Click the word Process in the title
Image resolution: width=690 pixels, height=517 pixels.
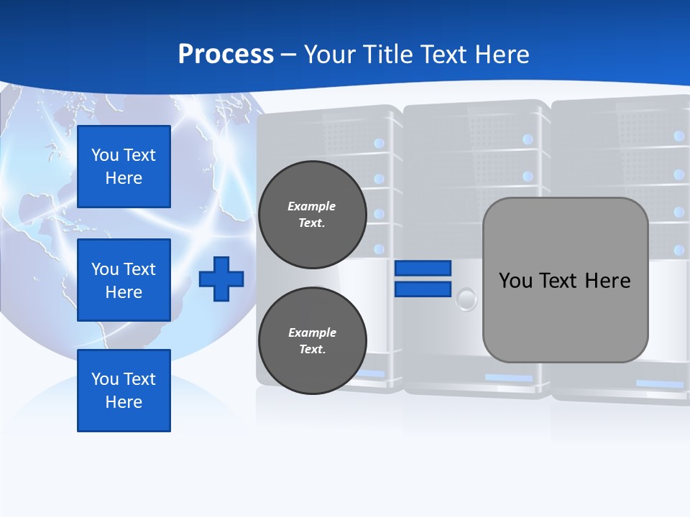[x=226, y=55]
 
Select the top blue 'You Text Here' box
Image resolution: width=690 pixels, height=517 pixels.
[x=124, y=167]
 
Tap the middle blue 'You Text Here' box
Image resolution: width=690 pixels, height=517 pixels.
[x=124, y=280]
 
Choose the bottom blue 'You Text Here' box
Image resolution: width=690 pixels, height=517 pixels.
[x=124, y=391]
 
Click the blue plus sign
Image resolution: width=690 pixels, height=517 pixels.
[x=221, y=279]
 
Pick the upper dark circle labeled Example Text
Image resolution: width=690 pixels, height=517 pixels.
[x=312, y=214]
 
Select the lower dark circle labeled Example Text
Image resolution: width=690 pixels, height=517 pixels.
[x=312, y=340]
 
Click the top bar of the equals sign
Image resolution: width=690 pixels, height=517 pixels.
[x=423, y=268]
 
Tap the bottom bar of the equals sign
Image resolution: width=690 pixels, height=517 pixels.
[x=423, y=289]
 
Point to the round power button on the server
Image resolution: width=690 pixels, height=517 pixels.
[x=467, y=298]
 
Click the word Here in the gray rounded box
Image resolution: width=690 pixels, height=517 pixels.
[x=607, y=280]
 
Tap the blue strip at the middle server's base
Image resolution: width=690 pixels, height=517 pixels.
[x=509, y=378]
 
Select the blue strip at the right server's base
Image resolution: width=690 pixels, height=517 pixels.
[x=659, y=384]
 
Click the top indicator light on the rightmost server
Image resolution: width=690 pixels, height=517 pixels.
[x=679, y=136]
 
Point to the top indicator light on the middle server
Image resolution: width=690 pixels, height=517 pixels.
[x=528, y=139]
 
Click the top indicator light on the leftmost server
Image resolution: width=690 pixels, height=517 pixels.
[x=379, y=144]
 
